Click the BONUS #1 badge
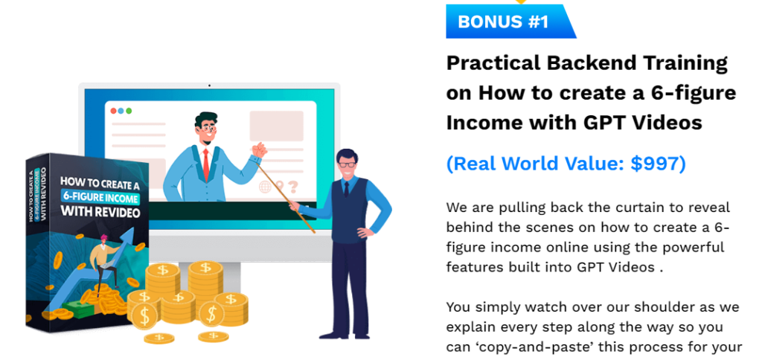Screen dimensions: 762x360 (x=510, y=22)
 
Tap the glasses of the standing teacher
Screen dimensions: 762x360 (x=347, y=164)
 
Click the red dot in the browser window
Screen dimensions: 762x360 (x=113, y=111)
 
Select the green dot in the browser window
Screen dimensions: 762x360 (x=129, y=111)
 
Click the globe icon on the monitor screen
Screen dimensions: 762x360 (x=266, y=187)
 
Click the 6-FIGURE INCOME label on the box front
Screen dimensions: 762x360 (x=100, y=197)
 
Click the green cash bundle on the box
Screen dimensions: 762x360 (x=81, y=308)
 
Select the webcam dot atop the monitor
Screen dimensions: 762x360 (x=209, y=86)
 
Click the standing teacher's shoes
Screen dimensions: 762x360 (x=345, y=335)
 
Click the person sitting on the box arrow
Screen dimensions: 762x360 (x=103, y=263)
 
